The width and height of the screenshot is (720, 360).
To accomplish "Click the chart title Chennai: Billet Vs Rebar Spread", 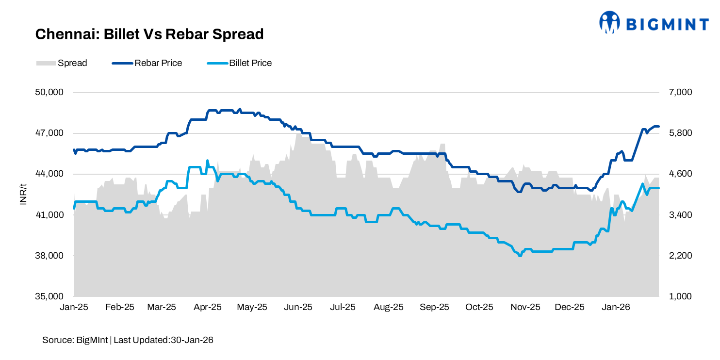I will click(x=149, y=34).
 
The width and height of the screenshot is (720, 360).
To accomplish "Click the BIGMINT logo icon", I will click(x=609, y=22).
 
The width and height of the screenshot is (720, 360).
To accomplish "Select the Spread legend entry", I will click(x=62, y=63).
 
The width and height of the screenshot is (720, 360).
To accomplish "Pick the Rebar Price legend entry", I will click(x=147, y=63).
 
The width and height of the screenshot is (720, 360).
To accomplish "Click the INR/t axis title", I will click(x=23, y=194).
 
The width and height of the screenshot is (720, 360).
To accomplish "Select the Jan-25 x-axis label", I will click(x=73, y=307).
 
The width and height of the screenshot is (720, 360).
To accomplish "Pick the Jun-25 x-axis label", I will click(x=298, y=307).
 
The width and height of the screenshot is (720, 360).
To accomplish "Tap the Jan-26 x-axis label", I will click(x=616, y=307).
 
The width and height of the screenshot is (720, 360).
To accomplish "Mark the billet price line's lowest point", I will click(x=520, y=256).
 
